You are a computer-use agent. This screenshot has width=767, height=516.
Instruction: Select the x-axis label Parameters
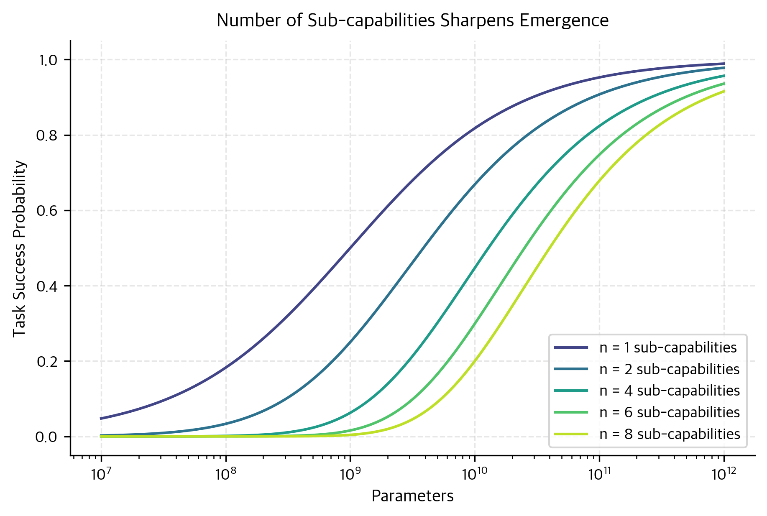(x=412, y=496)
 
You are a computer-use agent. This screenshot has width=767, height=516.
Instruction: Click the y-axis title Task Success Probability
(x=20, y=249)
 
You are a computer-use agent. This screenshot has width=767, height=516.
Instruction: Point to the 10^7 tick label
(x=99, y=475)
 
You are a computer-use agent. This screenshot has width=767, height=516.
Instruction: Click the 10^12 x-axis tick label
(x=723, y=475)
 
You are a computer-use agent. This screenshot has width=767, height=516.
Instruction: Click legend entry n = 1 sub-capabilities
(x=667, y=348)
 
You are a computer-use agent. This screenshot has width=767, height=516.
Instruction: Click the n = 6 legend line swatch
(x=571, y=413)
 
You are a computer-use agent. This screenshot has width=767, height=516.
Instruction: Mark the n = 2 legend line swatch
(x=571, y=369)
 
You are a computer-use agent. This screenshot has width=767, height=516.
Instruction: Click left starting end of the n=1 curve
(x=101, y=418)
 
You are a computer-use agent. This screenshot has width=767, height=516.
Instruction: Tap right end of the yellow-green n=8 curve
(x=724, y=91)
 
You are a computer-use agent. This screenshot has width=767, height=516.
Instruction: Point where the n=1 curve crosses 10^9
(x=350, y=248)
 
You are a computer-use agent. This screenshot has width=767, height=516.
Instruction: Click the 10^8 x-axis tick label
(x=224, y=475)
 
